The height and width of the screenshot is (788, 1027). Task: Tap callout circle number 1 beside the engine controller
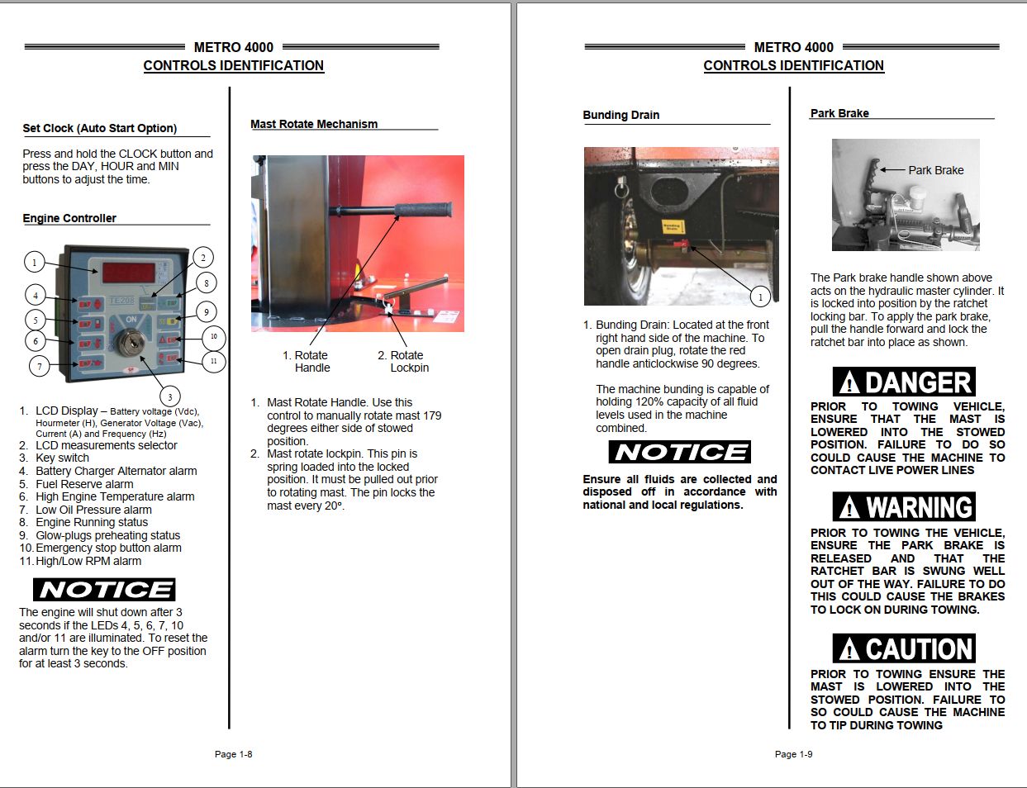pos(34,263)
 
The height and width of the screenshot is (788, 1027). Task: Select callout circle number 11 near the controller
pos(213,361)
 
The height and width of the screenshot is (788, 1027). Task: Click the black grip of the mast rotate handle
pos(422,209)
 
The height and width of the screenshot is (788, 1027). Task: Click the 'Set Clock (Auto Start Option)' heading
pos(100,128)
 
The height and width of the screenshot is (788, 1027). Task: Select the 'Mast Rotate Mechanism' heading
pos(314,124)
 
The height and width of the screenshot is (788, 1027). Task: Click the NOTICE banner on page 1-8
pos(104,590)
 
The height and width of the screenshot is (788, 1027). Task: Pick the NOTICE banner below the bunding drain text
pos(680,452)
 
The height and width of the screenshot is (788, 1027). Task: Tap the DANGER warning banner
pos(904,382)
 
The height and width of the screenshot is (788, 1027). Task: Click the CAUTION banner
pos(904,649)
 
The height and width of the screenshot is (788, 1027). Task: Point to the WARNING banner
pos(904,507)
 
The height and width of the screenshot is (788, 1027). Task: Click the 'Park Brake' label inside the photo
pos(935,170)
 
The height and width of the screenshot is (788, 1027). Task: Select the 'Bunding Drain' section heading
pos(621,115)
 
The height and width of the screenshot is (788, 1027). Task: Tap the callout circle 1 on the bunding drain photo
pos(760,296)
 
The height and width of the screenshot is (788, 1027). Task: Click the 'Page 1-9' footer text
pos(793,754)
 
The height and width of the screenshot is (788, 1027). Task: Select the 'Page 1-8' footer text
pos(233,754)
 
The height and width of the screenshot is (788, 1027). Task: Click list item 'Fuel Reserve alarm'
pos(84,484)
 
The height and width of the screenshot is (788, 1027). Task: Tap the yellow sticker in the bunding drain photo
pos(673,226)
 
